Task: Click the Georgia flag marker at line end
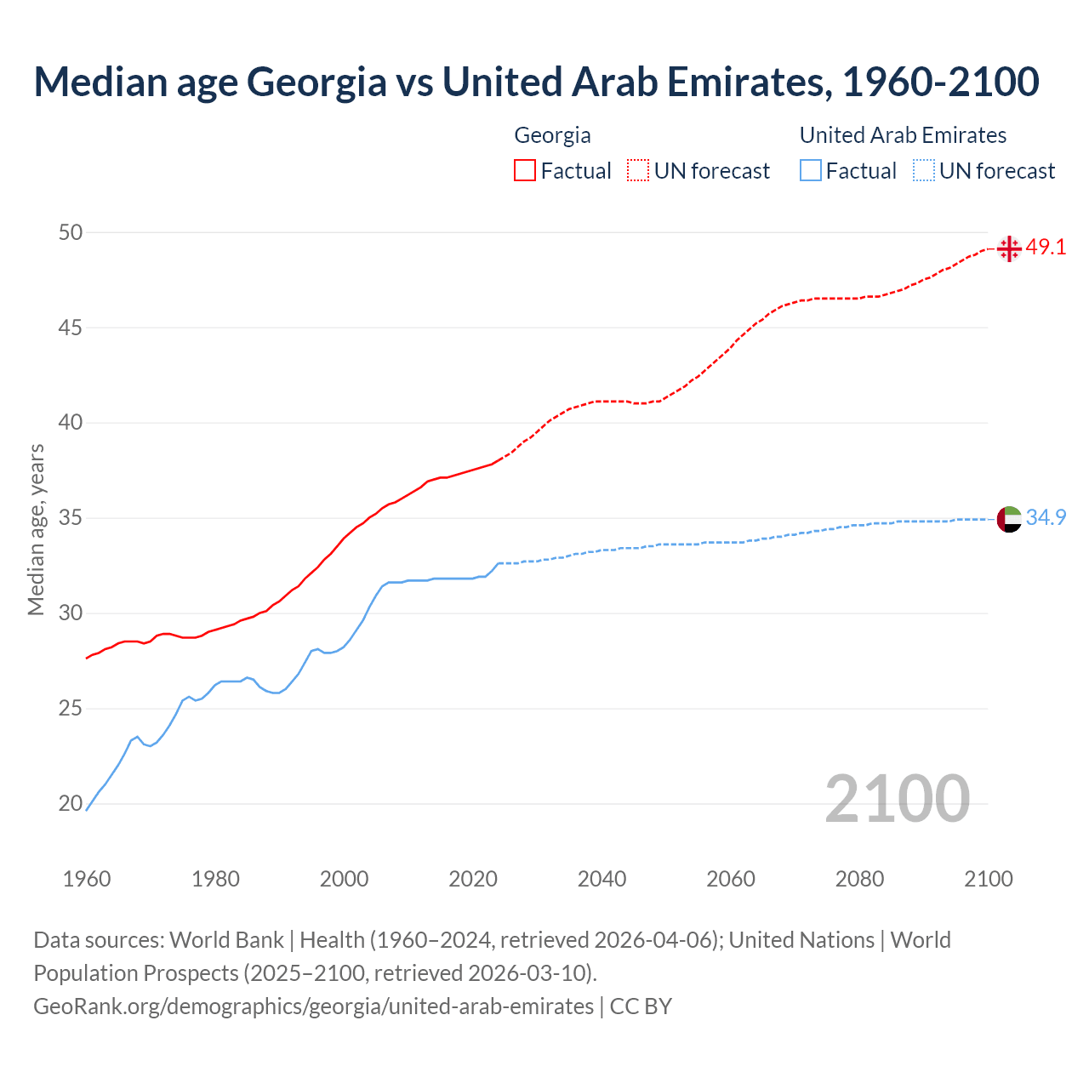1009,248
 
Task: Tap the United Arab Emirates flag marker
1009,518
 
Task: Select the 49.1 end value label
1046,248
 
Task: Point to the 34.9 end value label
1046,517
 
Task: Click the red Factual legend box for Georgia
525,171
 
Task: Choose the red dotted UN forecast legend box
638,171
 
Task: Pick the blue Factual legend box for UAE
811,171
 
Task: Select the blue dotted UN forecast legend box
924,171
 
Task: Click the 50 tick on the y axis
71,232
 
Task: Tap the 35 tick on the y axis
71,517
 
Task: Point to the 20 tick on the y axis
71,803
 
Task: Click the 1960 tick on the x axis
87,879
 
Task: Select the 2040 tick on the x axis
602,879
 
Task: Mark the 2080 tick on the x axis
859,879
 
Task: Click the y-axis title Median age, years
36,529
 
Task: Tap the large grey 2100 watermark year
897,798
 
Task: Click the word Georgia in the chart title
316,82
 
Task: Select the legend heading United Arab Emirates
903,135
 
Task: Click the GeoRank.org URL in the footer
313,1006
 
